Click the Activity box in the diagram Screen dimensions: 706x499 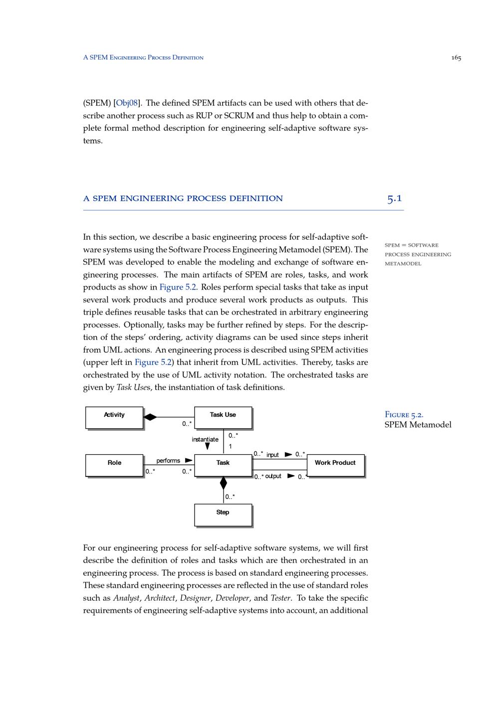tap(114, 417)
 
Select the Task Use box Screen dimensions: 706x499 tap(223, 417)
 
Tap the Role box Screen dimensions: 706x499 tap(114, 465)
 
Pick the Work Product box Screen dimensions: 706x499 tap(335, 465)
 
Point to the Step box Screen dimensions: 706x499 tap(223, 515)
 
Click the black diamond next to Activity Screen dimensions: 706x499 tap(150, 417)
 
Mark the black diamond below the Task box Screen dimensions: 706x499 tap(223, 483)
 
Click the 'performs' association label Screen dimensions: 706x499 tap(168, 460)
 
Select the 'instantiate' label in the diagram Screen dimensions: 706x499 tap(205, 439)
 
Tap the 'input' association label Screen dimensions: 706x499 tap(272, 455)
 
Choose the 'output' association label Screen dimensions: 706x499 tap(273, 476)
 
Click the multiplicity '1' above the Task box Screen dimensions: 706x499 tap(230, 446)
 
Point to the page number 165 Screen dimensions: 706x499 tap(456, 58)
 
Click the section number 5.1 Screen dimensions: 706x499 tap(394, 198)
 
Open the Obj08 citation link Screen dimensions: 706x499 tap(127, 103)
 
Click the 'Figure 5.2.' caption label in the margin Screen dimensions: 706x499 tap(404, 414)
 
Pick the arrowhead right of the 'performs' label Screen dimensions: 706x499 tap(189, 460)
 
